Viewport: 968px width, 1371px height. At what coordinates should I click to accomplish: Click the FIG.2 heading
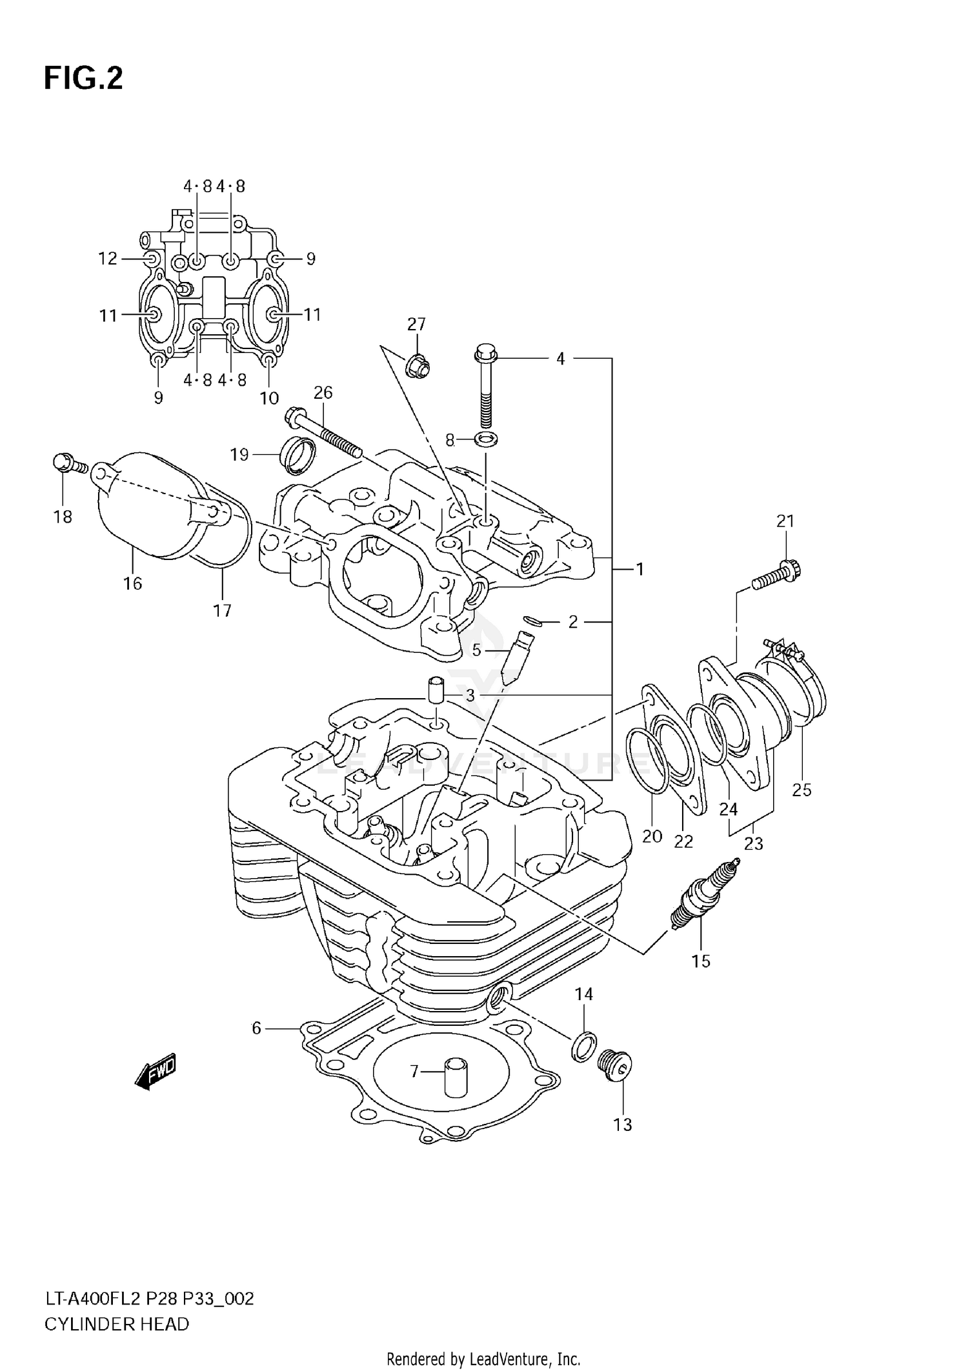(83, 79)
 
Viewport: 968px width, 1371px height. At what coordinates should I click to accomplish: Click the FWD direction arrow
(155, 1072)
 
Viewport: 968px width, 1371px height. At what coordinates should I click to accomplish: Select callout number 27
(416, 324)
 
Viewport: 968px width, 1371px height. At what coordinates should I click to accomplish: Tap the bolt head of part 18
(62, 463)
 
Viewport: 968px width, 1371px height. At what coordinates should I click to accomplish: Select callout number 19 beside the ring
(239, 455)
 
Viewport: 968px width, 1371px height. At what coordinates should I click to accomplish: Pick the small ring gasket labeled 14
(583, 1046)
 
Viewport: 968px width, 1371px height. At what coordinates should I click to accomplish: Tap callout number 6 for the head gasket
(256, 1028)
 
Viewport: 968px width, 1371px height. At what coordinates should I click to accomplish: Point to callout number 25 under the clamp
(802, 790)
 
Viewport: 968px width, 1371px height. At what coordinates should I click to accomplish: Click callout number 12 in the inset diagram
(107, 259)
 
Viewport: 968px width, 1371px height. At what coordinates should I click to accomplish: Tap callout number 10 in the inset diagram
(269, 397)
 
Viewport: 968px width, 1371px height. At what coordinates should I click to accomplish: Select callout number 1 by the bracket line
(640, 569)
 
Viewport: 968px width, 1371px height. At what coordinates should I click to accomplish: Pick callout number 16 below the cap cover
(132, 583)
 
